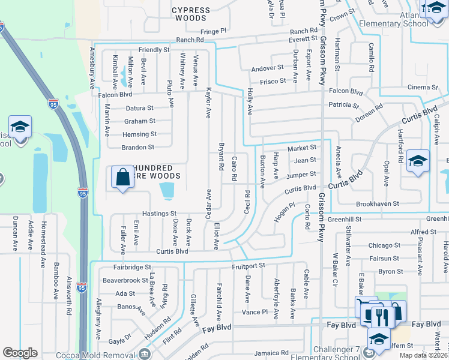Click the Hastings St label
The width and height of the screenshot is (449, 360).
[x=159, y=214]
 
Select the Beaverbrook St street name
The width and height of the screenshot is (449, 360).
[x=125, y=280]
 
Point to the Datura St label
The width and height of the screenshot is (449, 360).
[x=140, y=109]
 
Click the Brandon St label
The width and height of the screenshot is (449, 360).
[x=138, y=147]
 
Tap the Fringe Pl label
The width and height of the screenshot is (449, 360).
[x=214, y=31]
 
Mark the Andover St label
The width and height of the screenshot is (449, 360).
[x=268, y=68]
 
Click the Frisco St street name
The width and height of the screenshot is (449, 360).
[x=273, y=80]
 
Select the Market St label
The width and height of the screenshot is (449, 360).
[x=301, y=148]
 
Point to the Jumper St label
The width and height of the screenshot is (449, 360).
[x=301, y=175]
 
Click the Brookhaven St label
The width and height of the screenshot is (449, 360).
[x=377, y=205]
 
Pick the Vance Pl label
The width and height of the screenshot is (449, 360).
[x=255, y=312]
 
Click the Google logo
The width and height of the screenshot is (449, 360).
[x=20, y=353]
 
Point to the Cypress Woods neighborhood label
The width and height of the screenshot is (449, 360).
[x=191, y=14]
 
